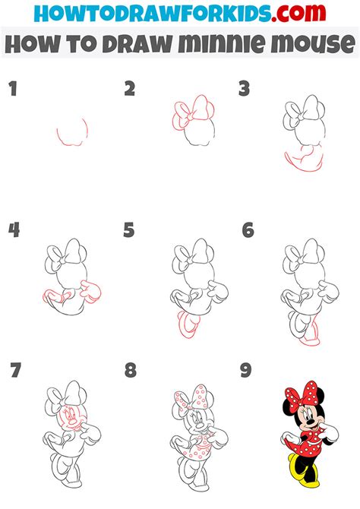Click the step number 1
(12, 90)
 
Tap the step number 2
(130, 90)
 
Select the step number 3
(244, 90)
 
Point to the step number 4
(14, 229)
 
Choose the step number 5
(129, 229)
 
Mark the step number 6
(247, 229)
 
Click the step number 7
(14, 371)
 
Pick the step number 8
(130, 371)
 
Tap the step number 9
(246, 371)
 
